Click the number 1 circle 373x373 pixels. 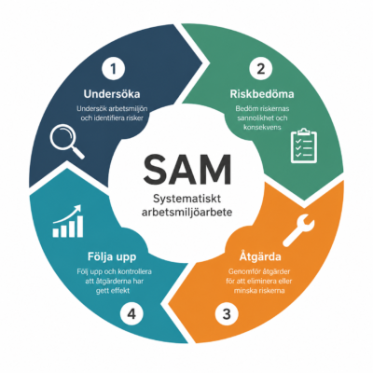(114, 68)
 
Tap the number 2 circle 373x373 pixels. (261, 68)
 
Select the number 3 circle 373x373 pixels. (228, 314)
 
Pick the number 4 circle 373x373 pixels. (131, 314)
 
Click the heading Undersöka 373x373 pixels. (112, 94)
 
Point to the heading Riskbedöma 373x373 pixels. (262, 94)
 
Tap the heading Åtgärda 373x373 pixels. (260, 256)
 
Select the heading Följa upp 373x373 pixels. (112, 257)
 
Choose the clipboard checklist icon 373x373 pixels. (304, 146)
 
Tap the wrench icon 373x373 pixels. (298, 230)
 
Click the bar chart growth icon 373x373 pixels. (68, 221)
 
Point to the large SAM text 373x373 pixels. (187, 170)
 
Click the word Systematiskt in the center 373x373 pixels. (187, 200)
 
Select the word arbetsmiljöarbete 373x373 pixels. (187, 213)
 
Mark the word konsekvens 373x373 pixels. (262, 127)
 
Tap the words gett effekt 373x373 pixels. (113, 291)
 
